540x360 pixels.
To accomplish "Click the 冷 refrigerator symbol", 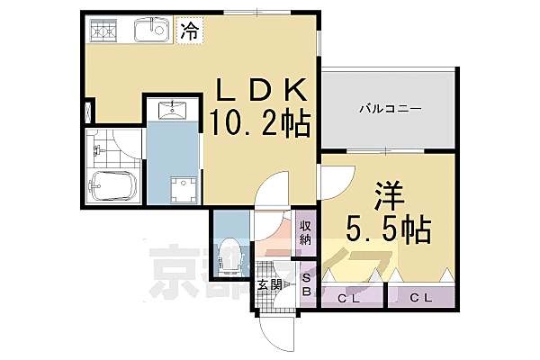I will pyautogui.click(x=189, y=31).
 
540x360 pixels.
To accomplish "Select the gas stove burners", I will pyautogui.click(x=105, y=32).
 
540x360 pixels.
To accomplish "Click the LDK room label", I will pyautogui.click(x=262, y=92).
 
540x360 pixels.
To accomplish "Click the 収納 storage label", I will pyautogui.click(x=306, y=231).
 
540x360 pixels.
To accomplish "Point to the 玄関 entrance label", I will pyautogui.click(x=270, y=285).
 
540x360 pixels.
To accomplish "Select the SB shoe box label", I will pyautogui.click(x=306, y=284).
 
